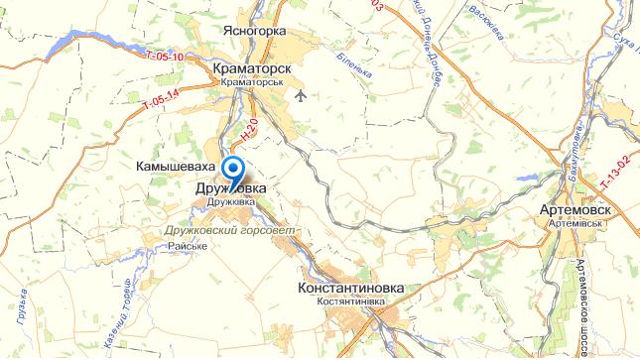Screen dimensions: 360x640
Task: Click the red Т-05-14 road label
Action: pyautogui.click(x=160, y=99)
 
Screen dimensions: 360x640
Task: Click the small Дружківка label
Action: pyautogui.click(x=230, y=201)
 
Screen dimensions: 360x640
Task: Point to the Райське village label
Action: pyautogui.click(x=188, y=245)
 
